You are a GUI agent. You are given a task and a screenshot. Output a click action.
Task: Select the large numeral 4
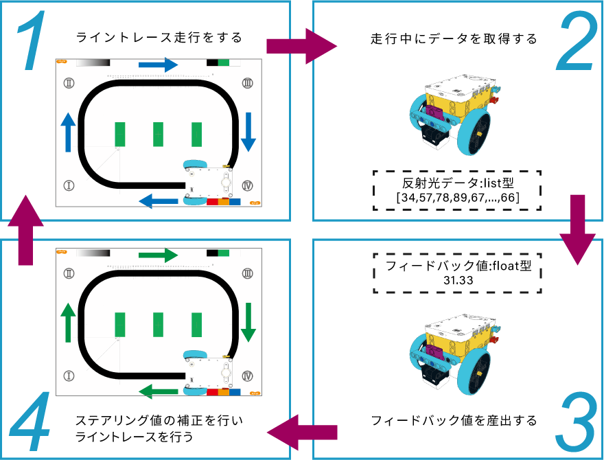pos(30,420)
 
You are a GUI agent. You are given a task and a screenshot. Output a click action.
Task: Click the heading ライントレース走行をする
pos(159,36)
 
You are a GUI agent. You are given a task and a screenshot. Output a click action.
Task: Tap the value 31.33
pos(457,280)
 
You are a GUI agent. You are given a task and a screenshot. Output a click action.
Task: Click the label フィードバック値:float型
pos(457,266)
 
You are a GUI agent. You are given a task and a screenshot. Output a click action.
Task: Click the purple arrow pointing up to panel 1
pos(25,229)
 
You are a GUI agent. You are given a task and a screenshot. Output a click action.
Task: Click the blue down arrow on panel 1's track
pos(248,132)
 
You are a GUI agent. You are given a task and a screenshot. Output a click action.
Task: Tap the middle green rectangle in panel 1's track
pos(158,134)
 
